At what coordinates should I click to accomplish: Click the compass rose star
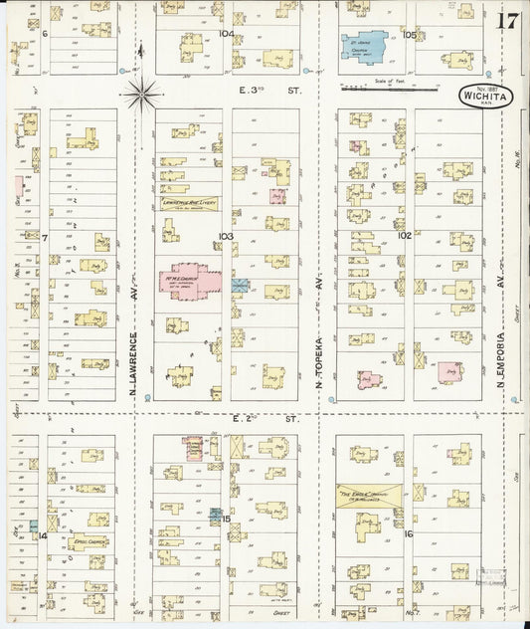coord(142,95)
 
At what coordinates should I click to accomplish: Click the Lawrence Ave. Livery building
coord(189,202)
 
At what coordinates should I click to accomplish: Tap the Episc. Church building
coord(88,542)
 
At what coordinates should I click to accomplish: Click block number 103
coord(225,236)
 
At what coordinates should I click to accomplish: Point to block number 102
coord(404,236)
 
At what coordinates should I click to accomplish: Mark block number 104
coord(226,33)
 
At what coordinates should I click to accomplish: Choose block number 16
coord(408,533)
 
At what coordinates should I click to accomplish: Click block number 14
coord(42,535)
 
